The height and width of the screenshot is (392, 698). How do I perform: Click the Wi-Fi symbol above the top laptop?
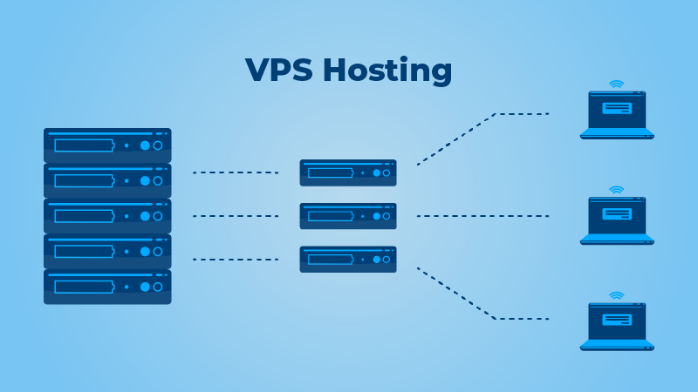[617, 84]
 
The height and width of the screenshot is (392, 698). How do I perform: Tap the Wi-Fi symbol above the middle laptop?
[617, 190]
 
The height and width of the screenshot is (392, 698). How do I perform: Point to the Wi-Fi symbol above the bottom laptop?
[617, 296]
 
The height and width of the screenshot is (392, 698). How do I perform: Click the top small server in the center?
[348, 172]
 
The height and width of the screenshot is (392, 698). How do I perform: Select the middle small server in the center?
[348, 216]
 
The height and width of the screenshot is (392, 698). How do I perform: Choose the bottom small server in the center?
[348, 259]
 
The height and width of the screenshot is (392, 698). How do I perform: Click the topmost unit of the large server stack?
[107, 145]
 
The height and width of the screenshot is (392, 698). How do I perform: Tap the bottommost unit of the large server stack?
[107, 287]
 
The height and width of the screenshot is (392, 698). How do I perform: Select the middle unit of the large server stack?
[107, 216]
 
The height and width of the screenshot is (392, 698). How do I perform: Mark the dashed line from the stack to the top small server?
[235, 172]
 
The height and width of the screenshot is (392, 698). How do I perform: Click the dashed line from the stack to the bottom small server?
[235, 260]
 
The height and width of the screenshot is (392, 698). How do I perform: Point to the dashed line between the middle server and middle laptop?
[482, 216]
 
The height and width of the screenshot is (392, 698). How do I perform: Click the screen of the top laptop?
[617, 109]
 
